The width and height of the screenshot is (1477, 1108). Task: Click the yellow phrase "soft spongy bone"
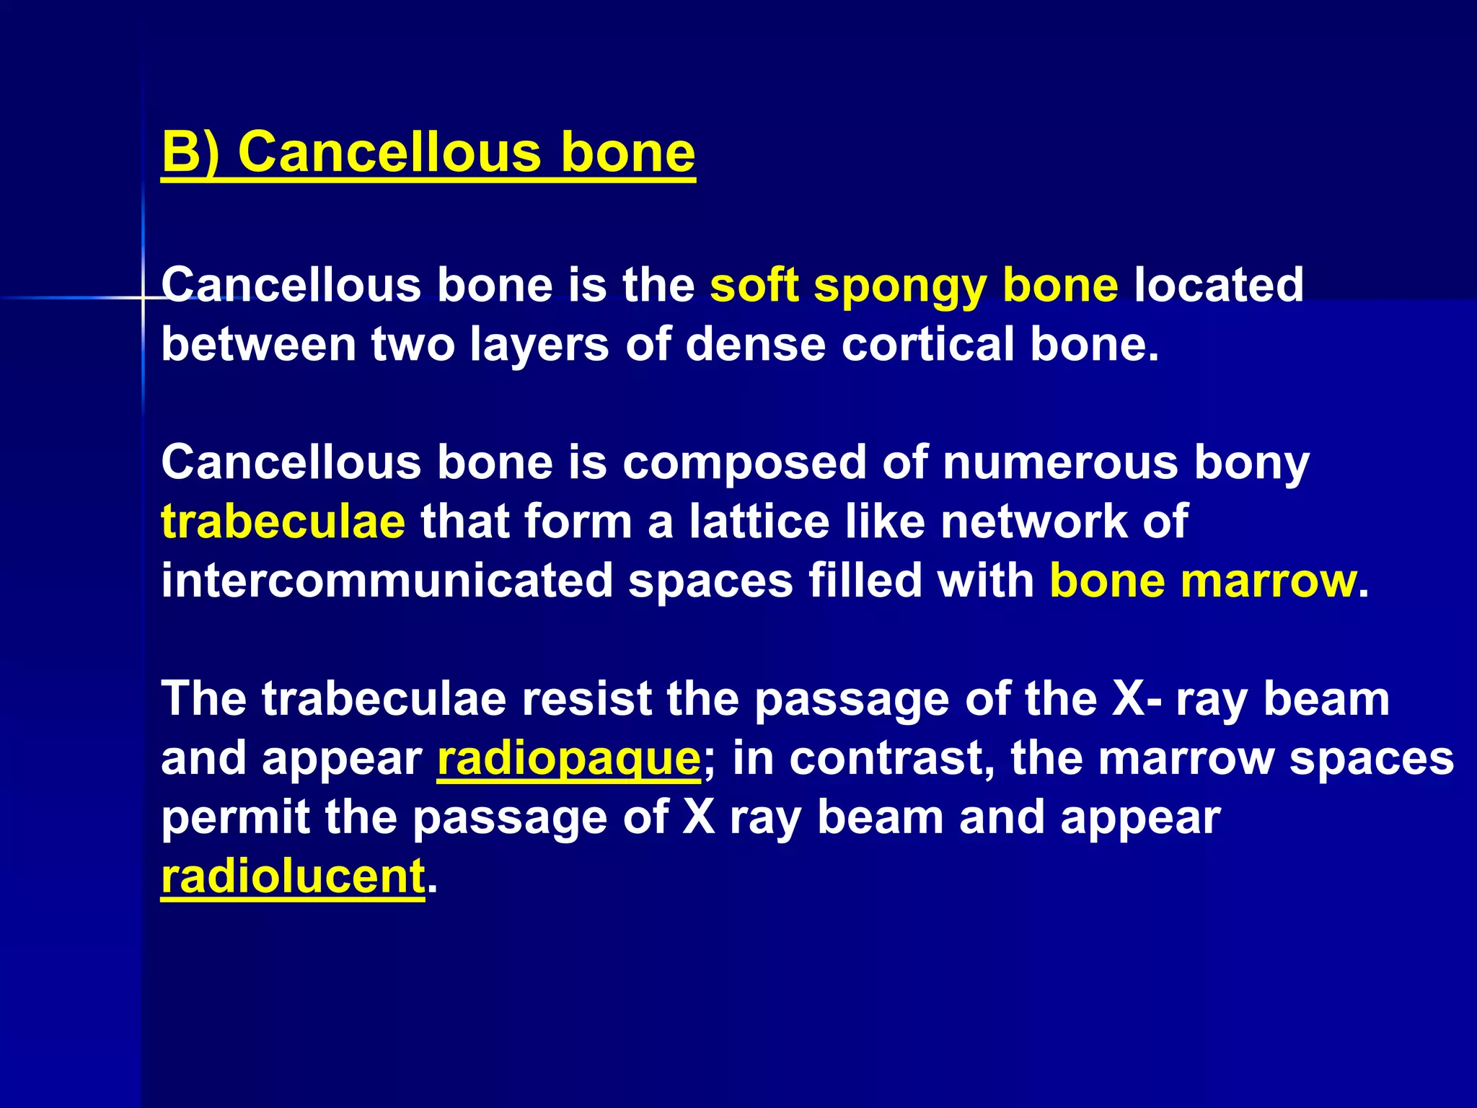(x=914, y=285)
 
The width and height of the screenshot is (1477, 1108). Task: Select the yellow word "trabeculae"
(x=283, y=522)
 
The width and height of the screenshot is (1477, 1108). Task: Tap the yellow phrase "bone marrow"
(x=1203, y=581)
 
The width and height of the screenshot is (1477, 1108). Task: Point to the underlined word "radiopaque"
(x=568, y=758)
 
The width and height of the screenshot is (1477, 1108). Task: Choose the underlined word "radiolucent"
(x=293, y=876)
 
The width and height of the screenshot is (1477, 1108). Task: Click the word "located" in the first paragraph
(x=1219, y=285)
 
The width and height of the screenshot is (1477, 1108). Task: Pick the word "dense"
(x=754, y=344)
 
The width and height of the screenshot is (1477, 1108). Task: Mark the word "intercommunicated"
(x=387, y=581)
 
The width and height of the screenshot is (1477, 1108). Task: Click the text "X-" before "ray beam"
(x=1136, y=699)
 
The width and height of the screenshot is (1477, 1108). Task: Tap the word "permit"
(x=235, y=817)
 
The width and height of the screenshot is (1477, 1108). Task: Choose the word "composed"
(x=744, y=462)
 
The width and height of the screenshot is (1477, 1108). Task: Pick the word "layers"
(x=540, y=344)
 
